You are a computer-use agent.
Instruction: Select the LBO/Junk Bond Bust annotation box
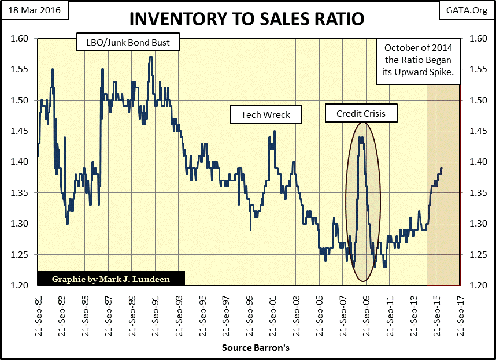pyautogui.click(x=128, y=42)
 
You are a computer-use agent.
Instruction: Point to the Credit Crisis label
pyautogui.click(x=361, y=113)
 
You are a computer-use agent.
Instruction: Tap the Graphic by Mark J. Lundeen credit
pyautogui.click(x=112, y=279)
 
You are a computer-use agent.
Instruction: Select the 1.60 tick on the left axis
pyautogui.click(x=20, y=39)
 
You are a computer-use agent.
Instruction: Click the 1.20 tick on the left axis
pyautogui.click(x=20, y=285)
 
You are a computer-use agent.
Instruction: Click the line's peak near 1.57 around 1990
pyautogui.click(x=151, y=57)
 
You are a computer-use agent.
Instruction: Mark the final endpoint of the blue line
pyautogui.click(x=442, y=168)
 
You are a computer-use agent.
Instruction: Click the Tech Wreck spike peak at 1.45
pyautogui.click(x=274, y=131)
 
